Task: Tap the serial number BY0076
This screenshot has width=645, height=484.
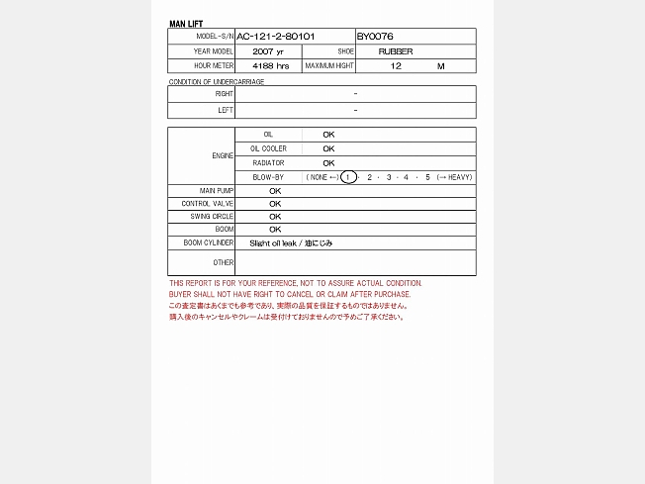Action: click(x=375, y=37)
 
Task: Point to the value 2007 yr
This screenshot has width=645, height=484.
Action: click(x=267, y=51)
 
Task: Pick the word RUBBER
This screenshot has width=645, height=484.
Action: click(x=396, y=51)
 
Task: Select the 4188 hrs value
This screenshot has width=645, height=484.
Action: click(x=270, y=66)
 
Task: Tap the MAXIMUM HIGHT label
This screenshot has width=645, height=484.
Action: click(x=329, y=66)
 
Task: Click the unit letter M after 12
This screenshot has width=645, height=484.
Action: click(x=441, y=66)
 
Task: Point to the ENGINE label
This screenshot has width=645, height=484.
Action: click(x=223, y=156)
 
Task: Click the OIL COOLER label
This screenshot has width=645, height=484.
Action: click(x=268, y=148)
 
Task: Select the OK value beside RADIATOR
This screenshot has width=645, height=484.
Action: click(x=328, y=163)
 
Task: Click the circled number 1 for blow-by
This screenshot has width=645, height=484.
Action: click(x=348, y=177)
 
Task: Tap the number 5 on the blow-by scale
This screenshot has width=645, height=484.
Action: click(x=427, y=177)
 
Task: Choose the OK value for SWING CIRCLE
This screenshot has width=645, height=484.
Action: click(x=275, y=216)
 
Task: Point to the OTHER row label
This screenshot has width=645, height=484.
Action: click(x=224, y=262)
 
